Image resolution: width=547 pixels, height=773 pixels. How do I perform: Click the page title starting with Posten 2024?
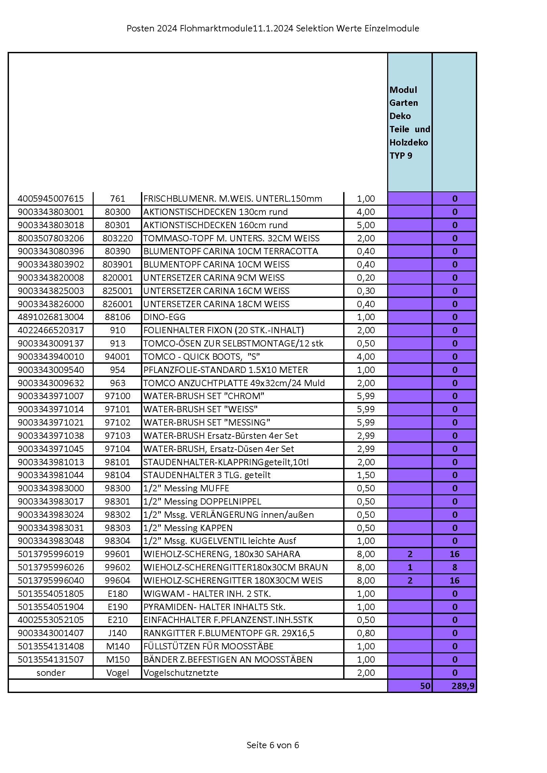[273, 29]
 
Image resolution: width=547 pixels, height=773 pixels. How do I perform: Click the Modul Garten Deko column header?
[409, 123]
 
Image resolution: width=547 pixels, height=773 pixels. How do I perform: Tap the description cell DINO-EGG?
[164, 317]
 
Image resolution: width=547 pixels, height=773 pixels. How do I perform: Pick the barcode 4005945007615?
[51, 199]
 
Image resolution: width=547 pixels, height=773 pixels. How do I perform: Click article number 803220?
[117, 238]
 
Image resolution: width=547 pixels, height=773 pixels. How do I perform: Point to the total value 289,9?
[463, 686]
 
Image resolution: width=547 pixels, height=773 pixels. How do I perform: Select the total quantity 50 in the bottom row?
[425, 686]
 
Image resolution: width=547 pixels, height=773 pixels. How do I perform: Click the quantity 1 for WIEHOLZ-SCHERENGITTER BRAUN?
[410, 567]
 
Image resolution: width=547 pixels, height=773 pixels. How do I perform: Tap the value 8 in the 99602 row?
[454, 567]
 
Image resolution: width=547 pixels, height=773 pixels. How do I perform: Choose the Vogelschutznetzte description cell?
[181, 673]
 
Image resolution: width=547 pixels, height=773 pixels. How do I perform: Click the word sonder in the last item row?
[51, 673]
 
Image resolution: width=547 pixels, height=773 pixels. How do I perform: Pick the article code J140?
[117, 633]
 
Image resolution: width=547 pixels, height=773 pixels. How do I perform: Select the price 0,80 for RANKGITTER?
[366, 633]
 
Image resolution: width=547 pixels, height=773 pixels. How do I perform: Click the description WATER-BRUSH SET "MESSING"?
[206, 423]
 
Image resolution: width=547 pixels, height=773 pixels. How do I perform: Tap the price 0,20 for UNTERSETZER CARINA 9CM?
[366, 278]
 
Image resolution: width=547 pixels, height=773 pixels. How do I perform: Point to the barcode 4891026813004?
[51, 317]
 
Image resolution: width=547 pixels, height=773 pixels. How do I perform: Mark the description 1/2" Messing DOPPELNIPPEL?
[202, 502]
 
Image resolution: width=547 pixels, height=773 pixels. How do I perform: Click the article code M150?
[117, 660]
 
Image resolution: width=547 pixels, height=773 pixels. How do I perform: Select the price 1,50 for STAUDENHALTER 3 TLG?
[366, 475]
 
